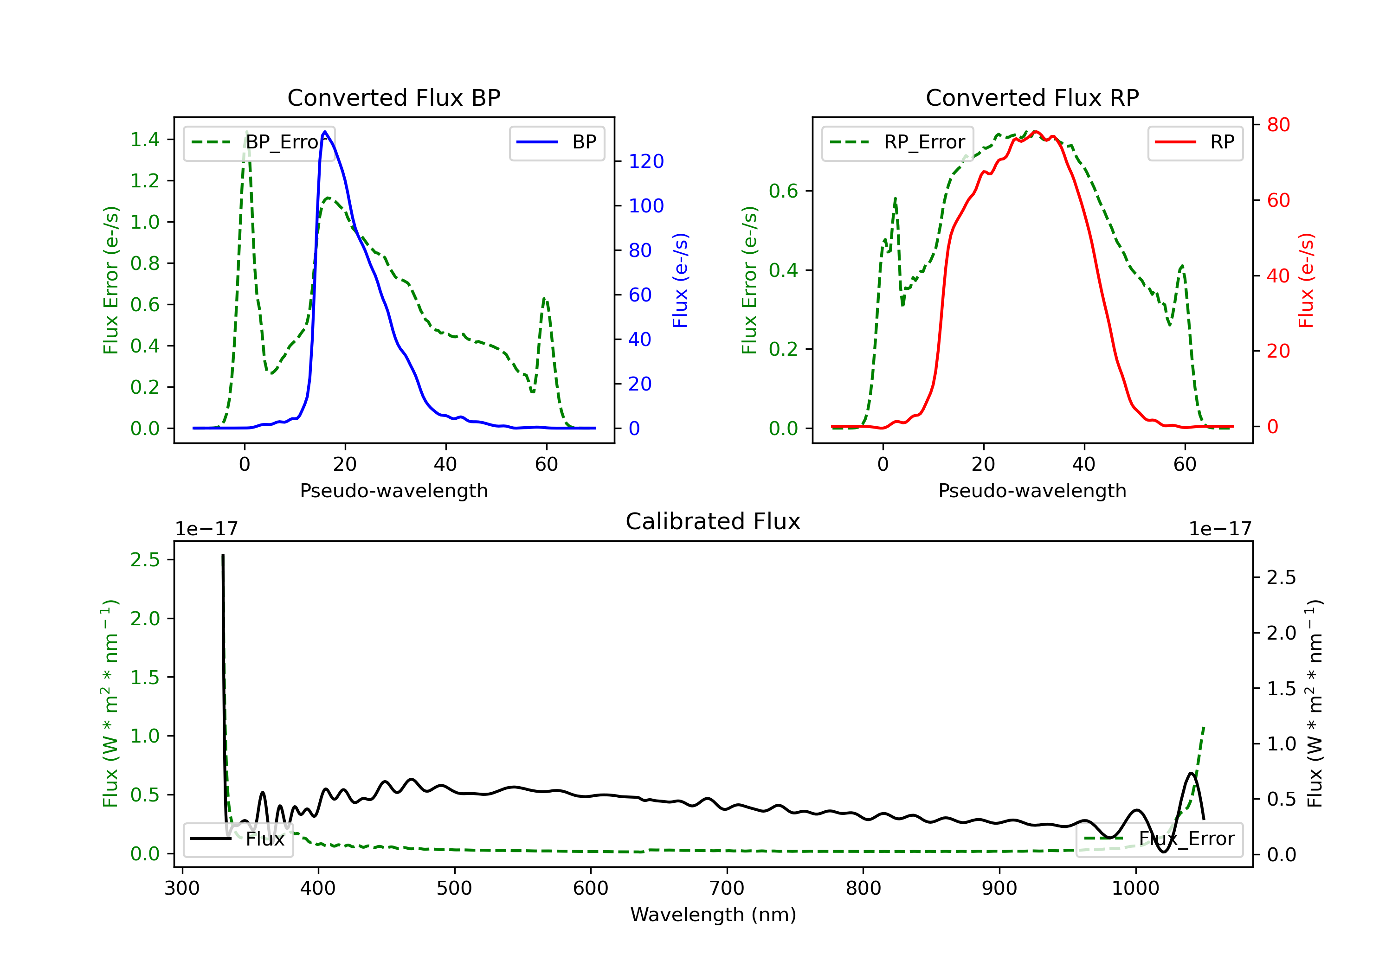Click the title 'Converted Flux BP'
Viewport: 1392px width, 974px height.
[x=393, y=97]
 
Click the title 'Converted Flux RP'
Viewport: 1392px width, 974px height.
[x=1032, y=97]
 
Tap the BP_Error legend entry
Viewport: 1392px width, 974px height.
[x=259, y=142]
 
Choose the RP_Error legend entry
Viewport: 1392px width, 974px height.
[x=898, y=142]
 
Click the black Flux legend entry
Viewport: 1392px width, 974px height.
[x=239, y=839]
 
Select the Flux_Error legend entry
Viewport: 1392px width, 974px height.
[x=1159, y=839]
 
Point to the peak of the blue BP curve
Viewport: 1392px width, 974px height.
[x=325, y=132]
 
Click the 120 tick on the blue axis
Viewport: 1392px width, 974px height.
[x=646, y=161]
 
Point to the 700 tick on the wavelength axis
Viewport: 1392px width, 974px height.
[x=727, y=889]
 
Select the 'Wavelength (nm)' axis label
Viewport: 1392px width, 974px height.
[x=713, y=915]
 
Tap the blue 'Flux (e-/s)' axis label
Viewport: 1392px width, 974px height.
[x=680, y=280]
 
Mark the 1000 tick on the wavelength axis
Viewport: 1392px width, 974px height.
[x=1135, y=889]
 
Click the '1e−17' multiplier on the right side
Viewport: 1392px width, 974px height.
[x=1220, y=529]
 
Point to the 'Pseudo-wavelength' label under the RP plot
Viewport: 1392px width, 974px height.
[x=1032, y=490]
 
